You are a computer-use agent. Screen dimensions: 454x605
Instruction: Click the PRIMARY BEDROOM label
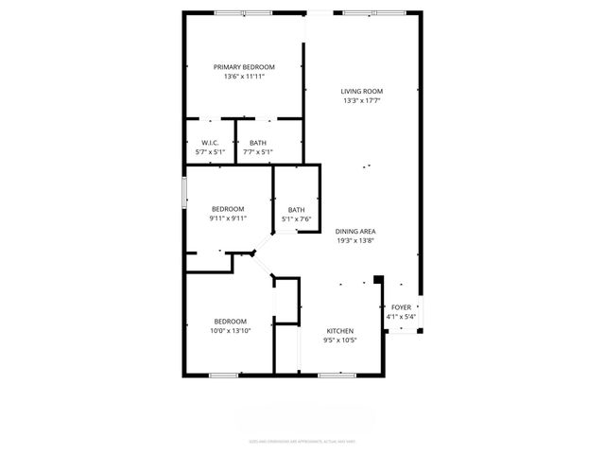244,66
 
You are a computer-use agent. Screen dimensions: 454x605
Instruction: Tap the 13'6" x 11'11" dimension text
244,77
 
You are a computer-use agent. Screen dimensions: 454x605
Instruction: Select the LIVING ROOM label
362,91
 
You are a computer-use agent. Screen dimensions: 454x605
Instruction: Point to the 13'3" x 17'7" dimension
362,101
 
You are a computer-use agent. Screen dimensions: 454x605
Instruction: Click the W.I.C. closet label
210,142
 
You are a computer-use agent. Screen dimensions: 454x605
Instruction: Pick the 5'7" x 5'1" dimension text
210,152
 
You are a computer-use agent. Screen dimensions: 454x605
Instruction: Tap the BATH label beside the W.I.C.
258,142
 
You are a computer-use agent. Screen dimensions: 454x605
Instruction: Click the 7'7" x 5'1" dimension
258,152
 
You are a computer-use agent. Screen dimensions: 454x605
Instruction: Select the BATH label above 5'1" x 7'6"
297,210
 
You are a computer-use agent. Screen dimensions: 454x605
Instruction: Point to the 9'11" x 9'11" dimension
228,218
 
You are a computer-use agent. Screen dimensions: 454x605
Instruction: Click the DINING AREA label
356,231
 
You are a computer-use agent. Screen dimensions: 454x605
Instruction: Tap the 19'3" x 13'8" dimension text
356,241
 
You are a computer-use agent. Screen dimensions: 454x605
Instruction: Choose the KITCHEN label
340,331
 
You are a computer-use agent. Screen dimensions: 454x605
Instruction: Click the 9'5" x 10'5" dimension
340,340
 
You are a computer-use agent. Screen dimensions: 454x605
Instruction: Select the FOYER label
402,307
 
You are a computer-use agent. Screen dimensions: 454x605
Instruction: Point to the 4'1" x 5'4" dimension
402,318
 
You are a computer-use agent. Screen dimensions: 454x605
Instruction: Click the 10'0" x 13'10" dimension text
230,331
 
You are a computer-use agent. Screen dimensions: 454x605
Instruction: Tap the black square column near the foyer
379,279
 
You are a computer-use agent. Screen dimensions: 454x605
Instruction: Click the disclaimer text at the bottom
302,440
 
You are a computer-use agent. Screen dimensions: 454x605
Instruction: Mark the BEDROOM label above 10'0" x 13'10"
230,321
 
